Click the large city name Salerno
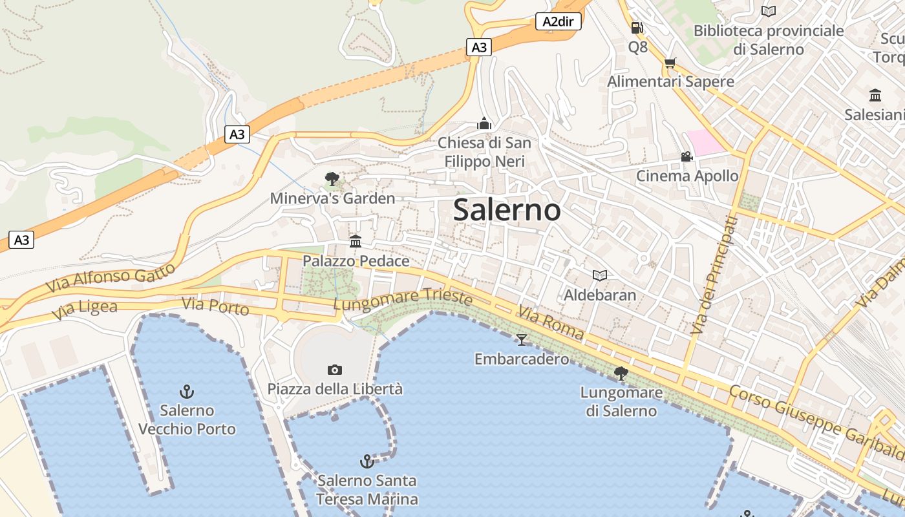coord(507,210)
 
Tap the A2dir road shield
coord(559,22)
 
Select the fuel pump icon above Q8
coord(637,28)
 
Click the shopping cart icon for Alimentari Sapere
coord(670,63)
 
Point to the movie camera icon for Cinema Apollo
coord(687,157)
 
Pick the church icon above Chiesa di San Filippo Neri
coord(484,123)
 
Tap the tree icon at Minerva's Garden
coord(332,178)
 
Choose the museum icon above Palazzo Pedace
coord(356,242)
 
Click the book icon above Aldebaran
coord(600,276)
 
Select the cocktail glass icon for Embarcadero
coord(522,339)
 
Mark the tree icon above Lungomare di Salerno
coord(621,373)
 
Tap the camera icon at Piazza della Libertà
coord(334,370)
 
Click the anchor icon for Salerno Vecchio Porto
coord(187,391)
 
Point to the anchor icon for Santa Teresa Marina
coord(367,461)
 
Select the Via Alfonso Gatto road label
coord(111,277)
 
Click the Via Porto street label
coord(215,306)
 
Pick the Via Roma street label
coord(550,324)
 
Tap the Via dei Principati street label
coord(714,275)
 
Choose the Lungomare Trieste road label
coord(403,299)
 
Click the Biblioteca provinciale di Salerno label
coord(769,39)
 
